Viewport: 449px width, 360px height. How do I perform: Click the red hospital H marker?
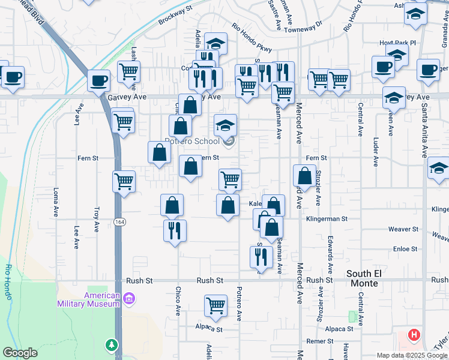(x=414, y=335)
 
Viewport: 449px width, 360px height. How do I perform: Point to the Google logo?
(x=20, y=353)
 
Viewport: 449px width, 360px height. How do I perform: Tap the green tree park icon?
(x=111, y=345)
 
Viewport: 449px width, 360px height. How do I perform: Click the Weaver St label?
(x=403, y=229)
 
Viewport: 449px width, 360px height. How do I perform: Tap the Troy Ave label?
(x=96, y=220)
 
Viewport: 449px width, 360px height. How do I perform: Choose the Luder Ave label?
(x=375, y=153)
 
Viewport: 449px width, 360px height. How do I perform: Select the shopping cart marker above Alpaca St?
(x=215, y=306)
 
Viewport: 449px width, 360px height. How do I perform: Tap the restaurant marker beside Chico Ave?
(x=175, y=230)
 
